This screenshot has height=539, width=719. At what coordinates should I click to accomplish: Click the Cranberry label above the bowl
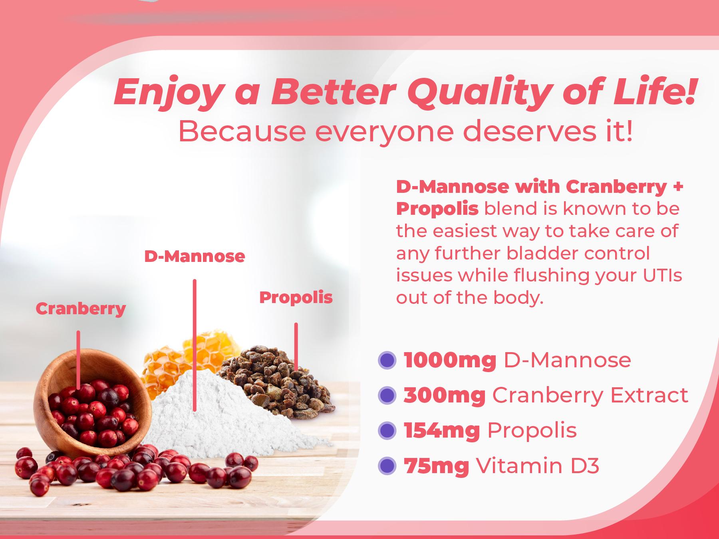[81, 309]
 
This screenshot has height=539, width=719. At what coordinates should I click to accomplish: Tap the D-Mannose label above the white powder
[195, 256]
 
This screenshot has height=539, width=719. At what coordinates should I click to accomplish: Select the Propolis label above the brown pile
[296, 297]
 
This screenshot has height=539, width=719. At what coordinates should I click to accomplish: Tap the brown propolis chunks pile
[280, 383]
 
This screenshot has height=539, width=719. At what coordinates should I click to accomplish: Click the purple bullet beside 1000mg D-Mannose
[387, 360]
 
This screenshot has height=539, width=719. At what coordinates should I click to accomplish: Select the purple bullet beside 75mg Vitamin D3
[387, 466]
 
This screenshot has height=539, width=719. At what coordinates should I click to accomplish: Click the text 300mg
[444, 395]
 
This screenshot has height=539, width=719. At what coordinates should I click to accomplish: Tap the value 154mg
[441, 430]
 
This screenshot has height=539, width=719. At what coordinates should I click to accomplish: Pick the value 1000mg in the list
[450, 360]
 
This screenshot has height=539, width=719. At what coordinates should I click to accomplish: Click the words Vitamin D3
[538, 466]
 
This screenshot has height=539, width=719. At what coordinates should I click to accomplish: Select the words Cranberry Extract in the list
[590, 395]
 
